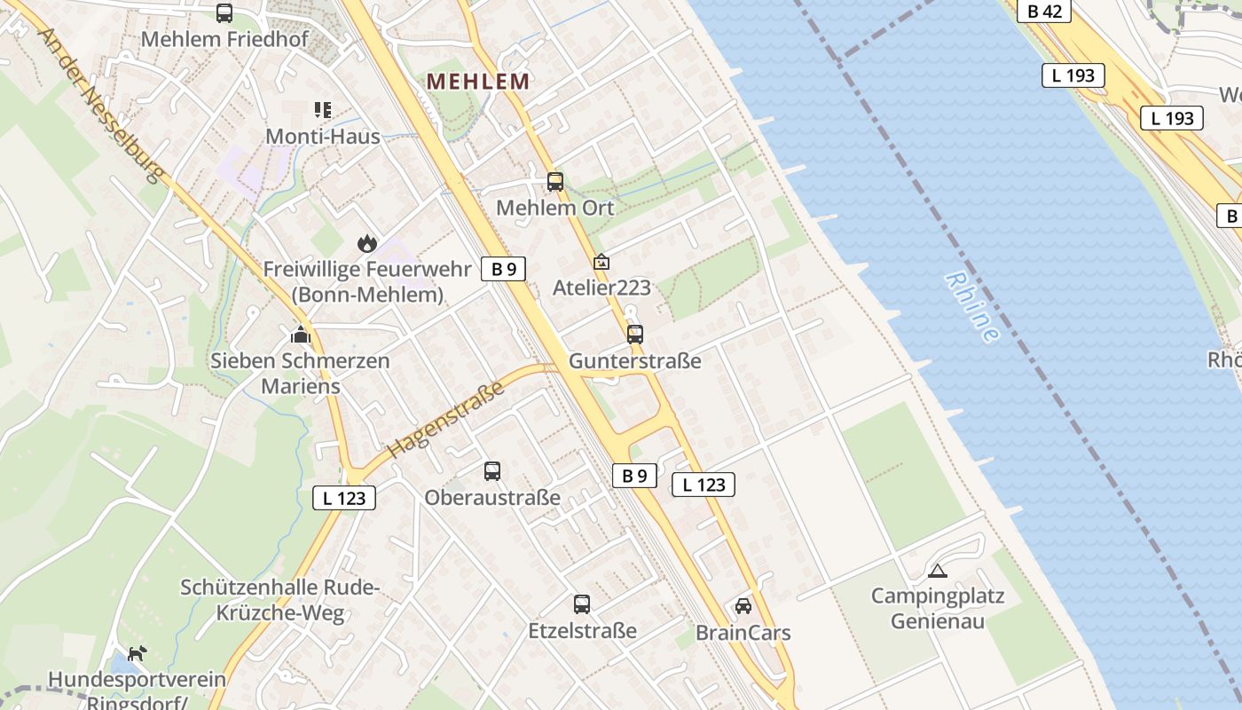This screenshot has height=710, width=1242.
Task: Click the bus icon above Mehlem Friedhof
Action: [x=224, y=13]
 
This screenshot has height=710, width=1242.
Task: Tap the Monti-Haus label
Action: [x=323, y=137]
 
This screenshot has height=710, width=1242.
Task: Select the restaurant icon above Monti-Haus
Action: [x=323, y=110]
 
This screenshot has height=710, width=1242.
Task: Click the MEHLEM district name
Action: [x=478, y=82]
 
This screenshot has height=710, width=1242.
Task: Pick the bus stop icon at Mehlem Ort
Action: [x=555, y=182]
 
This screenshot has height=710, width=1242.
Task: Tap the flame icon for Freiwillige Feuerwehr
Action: [x=366, y=243]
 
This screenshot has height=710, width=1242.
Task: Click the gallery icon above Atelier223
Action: [x=601, y=263]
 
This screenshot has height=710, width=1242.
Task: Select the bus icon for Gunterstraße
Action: [x=635, y=335]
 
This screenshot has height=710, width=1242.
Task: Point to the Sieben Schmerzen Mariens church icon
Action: [x=301, y=335]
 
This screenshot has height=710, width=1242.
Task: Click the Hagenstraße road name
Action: [x=446, y=418]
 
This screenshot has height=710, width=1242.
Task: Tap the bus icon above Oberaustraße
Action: [x=492, y=471]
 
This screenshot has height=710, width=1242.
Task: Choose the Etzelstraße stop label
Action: [x=582, y=631]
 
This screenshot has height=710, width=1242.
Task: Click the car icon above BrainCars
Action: [x=743, y=606]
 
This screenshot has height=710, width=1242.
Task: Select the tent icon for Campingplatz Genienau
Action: [x=937, y=571]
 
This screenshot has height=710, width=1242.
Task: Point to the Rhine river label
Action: [x=972, y=307]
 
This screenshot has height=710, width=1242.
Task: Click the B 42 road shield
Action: [x=1044, y=11]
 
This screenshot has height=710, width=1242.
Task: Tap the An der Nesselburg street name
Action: [x=102, y=105]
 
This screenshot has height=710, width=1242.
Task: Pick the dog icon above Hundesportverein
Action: [x=137, y=654]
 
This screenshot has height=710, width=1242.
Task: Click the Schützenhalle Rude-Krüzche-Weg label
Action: [x=280, y=600]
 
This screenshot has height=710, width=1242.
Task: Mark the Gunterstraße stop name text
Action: [x=635, y=361]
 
